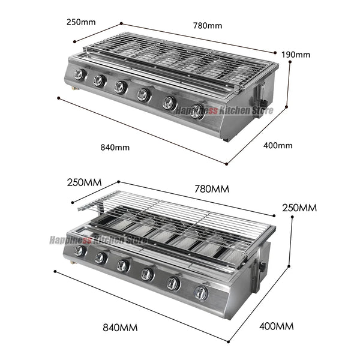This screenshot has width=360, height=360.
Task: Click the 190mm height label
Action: click(296, 55)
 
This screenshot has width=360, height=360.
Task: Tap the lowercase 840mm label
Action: click(115, 147)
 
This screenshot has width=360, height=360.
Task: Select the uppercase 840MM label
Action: click(120, 328)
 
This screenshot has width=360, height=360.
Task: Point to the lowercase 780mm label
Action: click(208, 25)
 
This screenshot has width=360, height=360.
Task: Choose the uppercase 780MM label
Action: click(212, 189)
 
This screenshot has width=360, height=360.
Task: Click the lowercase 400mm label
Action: click(278, 145)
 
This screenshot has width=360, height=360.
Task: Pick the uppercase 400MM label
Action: click(277, 326)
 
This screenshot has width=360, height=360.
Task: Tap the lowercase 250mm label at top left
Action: click(81, 22)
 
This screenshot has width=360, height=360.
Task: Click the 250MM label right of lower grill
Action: click(299, 208)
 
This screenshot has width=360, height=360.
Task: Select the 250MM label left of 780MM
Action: click(84, 182)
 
